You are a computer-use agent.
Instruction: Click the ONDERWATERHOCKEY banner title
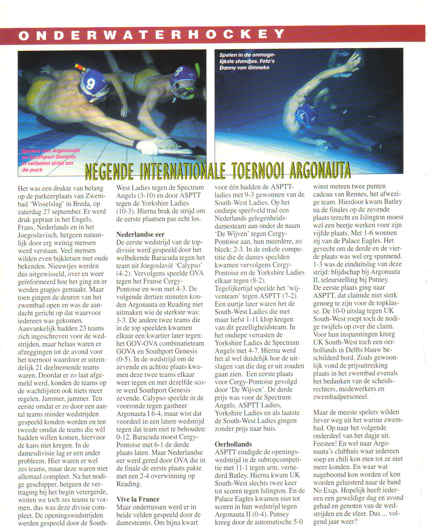(x=151, y=35)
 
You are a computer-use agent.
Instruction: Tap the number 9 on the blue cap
(x=90, y=83)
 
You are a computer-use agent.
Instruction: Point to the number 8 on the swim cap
(x=178, y=72)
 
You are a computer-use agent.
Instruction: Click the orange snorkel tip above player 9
(x=80, y=67)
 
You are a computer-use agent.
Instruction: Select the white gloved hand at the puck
(x=148, y=147)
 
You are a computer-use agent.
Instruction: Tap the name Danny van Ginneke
(x=244, y=67)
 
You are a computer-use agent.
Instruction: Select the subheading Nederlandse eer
(x=140, y=234)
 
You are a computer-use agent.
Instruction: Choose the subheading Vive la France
(x=137, y=499)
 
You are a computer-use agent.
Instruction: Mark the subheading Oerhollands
(x=233, y=444)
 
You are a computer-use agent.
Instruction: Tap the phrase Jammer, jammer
(x=66, y=398)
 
